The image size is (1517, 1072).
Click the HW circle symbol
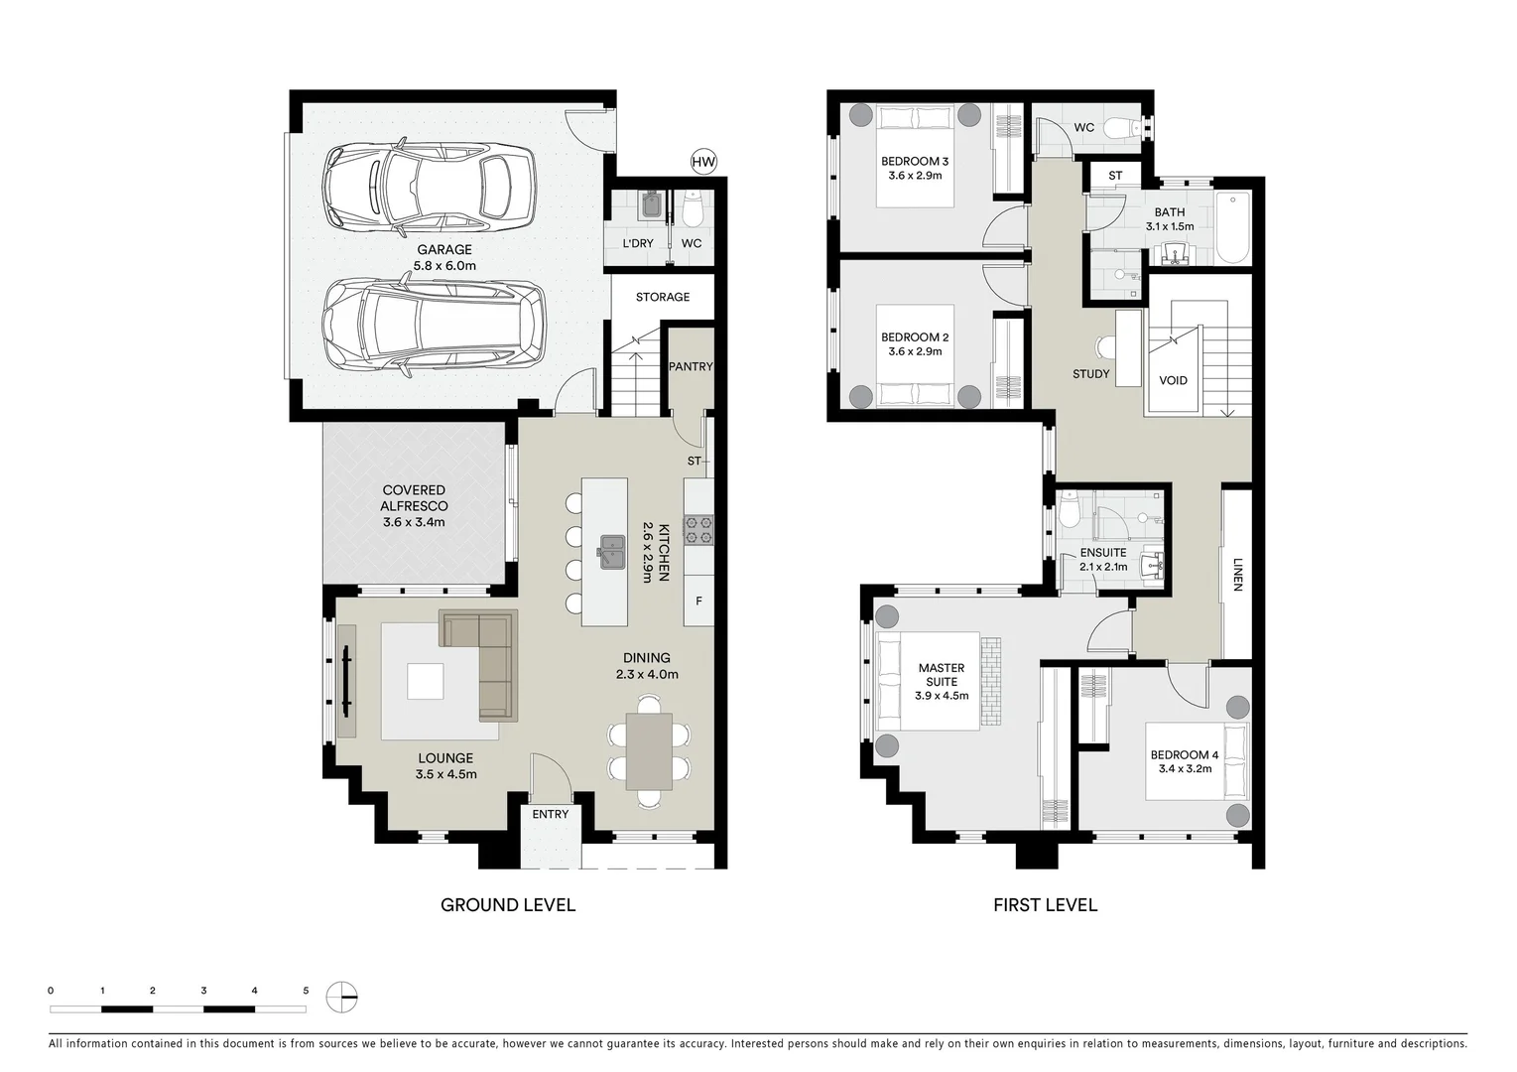coord(703,162)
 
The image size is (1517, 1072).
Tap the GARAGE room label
coord(444,250)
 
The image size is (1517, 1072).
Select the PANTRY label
coord(691,366)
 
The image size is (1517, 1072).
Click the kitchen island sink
coord(611,551)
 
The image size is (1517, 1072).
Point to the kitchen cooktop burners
coord(698,529)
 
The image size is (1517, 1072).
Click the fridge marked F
coord(698,602)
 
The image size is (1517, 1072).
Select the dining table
coord(649,751)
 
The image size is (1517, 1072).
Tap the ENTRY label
coord(551,814)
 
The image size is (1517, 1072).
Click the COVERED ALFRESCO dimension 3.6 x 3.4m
coord(414,522)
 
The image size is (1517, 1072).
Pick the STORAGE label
coord(663,297)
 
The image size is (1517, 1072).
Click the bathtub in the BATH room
coord(1232,228)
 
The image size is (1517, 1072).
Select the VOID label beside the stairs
coord(1173,380)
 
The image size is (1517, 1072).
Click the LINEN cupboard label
coord(1237,573)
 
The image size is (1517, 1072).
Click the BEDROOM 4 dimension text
coord(1185,768)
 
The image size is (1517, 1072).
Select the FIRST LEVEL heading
coord(1045,905)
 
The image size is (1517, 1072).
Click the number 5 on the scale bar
coord(306,991)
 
